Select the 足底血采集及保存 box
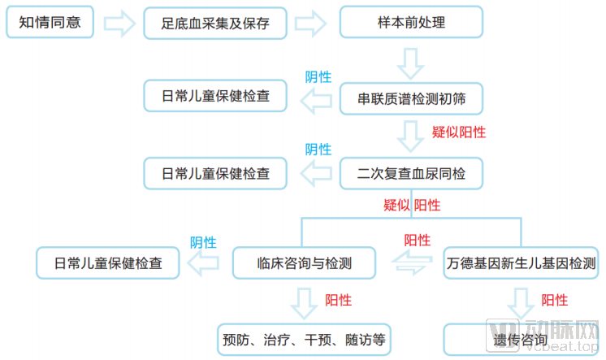pos(216,24)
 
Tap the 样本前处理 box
pos(411,24)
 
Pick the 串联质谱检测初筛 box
pos(411,100)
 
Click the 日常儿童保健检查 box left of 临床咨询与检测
pos(108,263)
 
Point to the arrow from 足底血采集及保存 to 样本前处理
pos(313,24)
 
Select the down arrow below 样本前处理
pos(411,59)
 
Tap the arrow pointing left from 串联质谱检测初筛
pos(316,101)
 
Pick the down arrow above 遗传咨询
pos(520,302)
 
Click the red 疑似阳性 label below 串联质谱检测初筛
pos(458,132)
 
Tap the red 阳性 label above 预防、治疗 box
pos(338,300)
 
